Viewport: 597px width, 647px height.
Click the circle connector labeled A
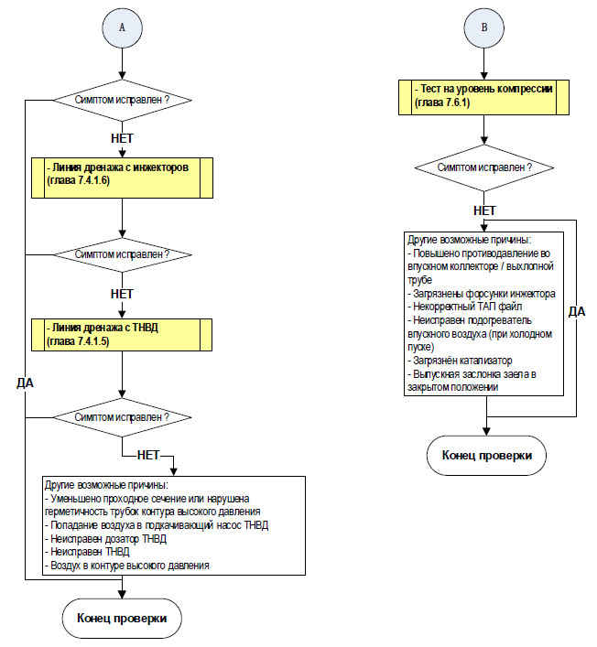tap(122, 28)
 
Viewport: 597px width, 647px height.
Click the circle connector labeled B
tap(484, 28)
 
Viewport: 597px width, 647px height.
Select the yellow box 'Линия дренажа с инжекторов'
tap(122, 178)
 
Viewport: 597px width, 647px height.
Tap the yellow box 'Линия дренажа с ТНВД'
tap(122, 335)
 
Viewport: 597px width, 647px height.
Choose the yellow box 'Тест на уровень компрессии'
tap(483, 97)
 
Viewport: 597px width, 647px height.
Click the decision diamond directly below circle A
tap(122, 100)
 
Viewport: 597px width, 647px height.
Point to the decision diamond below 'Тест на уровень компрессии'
tap(484, 167)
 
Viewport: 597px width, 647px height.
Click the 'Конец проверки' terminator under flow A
tap(122, 618)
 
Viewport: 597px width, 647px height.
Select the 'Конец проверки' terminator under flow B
tap(487, 456)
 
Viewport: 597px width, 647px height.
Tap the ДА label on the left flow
tap(26, 383)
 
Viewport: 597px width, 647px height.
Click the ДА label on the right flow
tap(577, 311)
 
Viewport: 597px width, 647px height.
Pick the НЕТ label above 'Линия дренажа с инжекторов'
tap(122, 138)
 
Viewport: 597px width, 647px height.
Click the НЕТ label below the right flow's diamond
tap(484, 210)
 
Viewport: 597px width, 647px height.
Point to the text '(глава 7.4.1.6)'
tap(79, 181)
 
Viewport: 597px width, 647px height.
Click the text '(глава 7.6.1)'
tap(442, 102)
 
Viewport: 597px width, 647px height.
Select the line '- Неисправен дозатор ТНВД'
tap(105, 539)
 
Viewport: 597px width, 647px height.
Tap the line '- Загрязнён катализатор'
tap(460, 361)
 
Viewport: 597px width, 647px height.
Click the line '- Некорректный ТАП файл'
tap(465, 307)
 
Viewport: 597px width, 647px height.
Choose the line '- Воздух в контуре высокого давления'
tap(127, 566)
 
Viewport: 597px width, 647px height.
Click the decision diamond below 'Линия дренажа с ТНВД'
tap(122, 417)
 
